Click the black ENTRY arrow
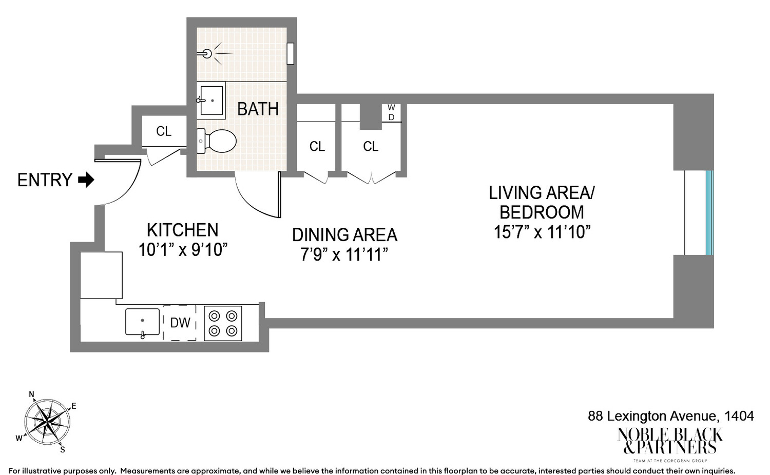tap(86, 180)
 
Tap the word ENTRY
tap(45, 180)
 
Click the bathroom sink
tap(211, 101)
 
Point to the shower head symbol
tap(207, 53)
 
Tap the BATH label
tap(258, 109)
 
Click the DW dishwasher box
tap(180, 323)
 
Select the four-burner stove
tap(223, 323)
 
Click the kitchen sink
tap(142, 322)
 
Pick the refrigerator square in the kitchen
tap(102, 275)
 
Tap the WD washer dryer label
tap(391, 112)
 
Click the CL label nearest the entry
tap(164, 131)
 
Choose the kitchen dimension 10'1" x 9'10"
tap(183, 250)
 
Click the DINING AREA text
tap(344, 235)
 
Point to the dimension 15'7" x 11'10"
tap(542, 232)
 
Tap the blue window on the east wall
tap(709, 213)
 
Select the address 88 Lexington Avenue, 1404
tap(670, 415)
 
